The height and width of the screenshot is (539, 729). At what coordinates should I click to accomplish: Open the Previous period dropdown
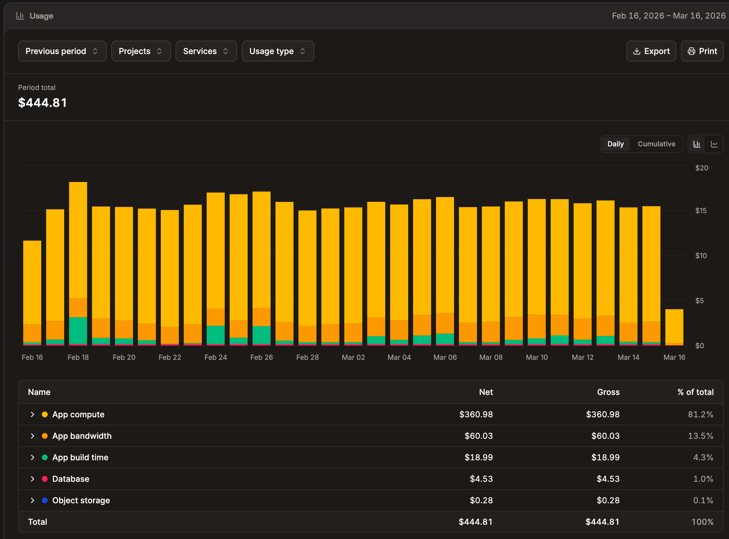click(62, 51)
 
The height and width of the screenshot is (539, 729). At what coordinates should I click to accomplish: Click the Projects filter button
click(141, 51)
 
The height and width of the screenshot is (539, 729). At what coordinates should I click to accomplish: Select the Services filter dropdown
click(206, 51)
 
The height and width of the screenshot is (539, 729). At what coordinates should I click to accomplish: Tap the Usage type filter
click(278, 51)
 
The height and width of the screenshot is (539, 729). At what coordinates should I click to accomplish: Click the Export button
click(651, 51)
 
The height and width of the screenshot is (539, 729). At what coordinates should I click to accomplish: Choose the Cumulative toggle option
click(656, 144)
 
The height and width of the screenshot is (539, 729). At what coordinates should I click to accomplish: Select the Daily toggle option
click(615, 144)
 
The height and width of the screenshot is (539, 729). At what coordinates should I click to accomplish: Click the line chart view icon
click(714, 144)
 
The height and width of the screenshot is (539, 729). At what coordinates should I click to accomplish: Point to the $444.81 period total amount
click(42, 103)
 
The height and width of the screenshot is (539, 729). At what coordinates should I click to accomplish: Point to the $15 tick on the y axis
click(701, 211)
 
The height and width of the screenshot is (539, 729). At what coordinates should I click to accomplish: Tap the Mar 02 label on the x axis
click(353, 357)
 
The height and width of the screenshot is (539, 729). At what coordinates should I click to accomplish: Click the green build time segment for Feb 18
click(78, 330)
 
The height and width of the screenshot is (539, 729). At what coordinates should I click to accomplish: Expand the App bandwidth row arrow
click(32, 436)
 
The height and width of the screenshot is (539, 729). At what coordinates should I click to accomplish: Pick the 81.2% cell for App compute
click(700, 414)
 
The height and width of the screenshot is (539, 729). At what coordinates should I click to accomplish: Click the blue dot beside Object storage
click(45, 500)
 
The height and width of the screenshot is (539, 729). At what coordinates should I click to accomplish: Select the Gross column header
click(608, 392)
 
